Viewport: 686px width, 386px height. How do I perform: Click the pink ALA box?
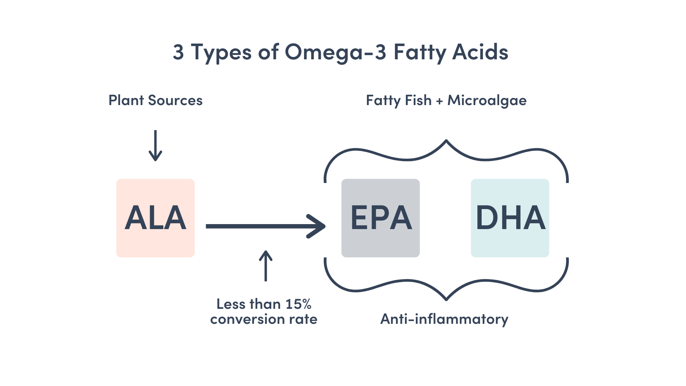[155, 218]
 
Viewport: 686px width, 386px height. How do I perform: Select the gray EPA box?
[381, 218]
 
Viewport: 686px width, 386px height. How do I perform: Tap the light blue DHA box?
[510, 218]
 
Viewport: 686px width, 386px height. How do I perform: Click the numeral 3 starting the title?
[178, 52]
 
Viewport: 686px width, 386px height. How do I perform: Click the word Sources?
[175, 100]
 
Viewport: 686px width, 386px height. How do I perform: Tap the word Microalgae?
[487, 101]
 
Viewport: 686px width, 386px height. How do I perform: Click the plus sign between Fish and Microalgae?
[439, 101]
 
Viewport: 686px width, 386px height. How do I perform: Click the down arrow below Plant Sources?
[155, 145]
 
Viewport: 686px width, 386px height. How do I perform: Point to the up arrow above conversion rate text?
[265, 266]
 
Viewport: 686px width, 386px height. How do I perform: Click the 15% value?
[298, 304]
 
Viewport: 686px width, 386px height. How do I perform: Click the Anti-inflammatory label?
[444, 319]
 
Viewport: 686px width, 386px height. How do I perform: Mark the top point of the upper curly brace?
[446, 140]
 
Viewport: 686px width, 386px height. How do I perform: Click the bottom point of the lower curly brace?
[446, 300]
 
